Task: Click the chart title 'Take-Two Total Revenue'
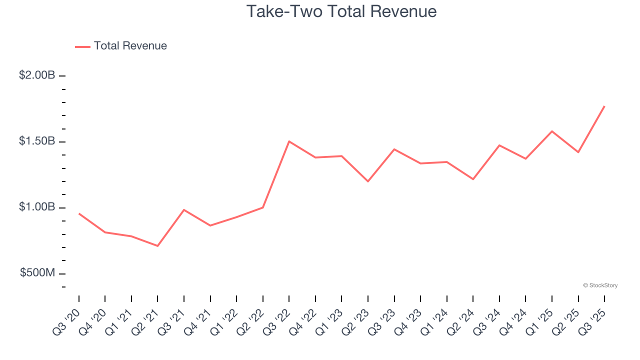341,11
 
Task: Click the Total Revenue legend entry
121,46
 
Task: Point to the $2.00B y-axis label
37,75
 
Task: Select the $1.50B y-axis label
37,141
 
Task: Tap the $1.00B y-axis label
37,207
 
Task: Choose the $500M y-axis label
37,273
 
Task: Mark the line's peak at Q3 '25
604,106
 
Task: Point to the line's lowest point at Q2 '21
157,246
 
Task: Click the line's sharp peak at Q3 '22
289,141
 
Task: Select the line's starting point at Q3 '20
79,213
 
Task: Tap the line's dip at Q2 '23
368,181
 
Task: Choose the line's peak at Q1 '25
551,131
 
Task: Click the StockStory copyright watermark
600,285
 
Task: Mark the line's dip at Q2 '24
473,179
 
